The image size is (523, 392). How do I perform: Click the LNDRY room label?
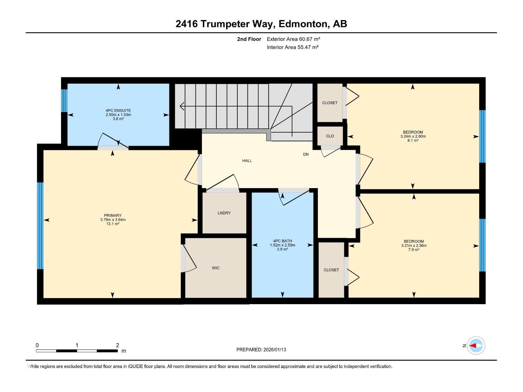224,213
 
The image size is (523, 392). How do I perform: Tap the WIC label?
216,268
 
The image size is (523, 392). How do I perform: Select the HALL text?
247,161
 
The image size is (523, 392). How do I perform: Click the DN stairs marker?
306,154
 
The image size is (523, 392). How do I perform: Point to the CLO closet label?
330,136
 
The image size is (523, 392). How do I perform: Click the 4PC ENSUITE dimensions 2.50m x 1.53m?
118,115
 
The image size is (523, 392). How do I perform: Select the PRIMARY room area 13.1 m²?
113,224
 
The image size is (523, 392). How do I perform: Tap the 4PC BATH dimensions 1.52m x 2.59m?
282,245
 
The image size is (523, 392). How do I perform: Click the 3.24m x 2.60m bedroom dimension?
413,137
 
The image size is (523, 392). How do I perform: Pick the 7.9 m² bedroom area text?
414,250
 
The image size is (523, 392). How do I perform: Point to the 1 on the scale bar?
77,345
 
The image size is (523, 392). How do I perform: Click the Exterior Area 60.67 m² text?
293,39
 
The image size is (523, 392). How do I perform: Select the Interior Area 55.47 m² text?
293,47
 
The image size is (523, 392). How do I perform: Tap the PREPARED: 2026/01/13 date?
261,350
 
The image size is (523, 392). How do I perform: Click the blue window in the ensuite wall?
64,100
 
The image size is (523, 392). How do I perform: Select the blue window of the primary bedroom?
40,225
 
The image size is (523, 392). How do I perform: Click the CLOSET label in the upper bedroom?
330,103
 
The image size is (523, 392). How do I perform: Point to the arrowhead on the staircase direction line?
182,106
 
